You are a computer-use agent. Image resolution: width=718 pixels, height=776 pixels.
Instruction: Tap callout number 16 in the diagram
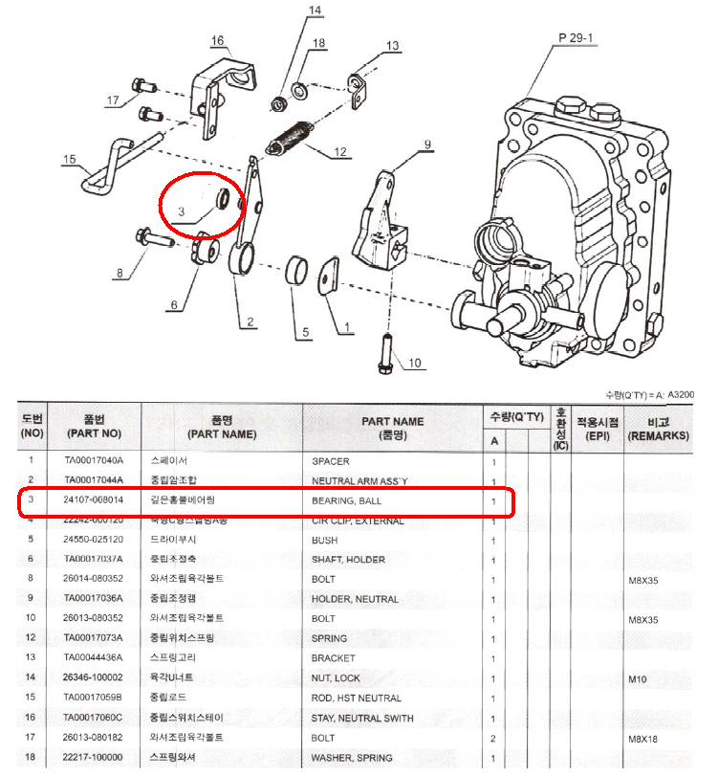pyautogui.click(x=217, y=40)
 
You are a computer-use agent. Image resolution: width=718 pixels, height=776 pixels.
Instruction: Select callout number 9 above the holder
pyautogui.click(x=427, y=144)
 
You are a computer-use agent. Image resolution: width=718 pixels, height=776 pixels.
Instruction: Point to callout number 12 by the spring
pyautogui.click(x=339, y=152)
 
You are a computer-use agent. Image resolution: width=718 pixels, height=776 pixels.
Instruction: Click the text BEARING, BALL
pyautogui.click(x=349, y=500)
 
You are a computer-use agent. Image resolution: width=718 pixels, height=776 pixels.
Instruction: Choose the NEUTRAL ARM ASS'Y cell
pyautogui.click(x=359, y=479)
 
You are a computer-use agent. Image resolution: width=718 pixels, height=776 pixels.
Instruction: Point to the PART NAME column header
pyautogui.click(x=393, y=421)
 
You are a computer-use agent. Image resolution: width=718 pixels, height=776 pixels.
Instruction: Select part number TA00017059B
pyautogui.click(x=94, y=698)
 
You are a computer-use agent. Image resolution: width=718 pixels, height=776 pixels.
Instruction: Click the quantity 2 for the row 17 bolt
pyautogui.click(x=493, y=738)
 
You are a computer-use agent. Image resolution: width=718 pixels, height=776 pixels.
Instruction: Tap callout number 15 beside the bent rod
pyautogui.click(x=69, y=160)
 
